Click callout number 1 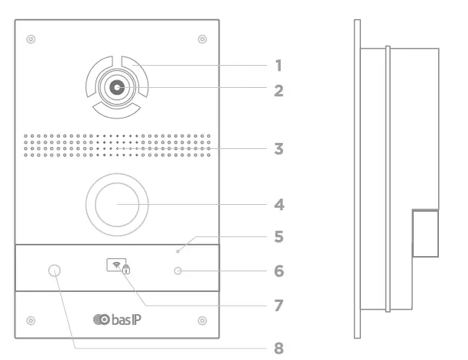point(279,66)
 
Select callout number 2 point(279,91)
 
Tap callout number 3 point(279,148)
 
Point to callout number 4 point(279,206)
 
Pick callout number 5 point(279,238)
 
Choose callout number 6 point(279,271)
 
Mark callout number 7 point(279,306)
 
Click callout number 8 point(279,349)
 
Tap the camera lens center point(117,88)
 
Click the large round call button point(117,206)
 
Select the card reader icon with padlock point(117,268)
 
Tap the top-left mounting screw point(30,38)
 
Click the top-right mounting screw point(202,38)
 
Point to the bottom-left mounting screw point(30,319)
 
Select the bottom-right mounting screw point(202,319)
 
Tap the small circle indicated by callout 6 point(178,271)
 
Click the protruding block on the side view point(425,233)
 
